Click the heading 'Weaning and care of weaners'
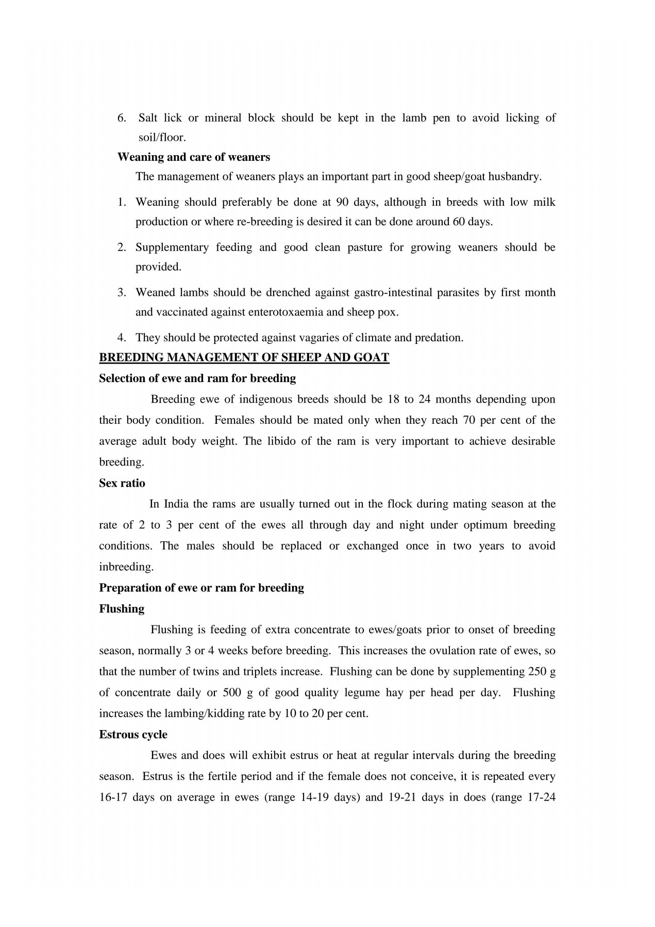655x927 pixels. pyautogui.click(x=194, y=157)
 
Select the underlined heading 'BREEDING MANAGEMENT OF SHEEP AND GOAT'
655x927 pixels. pyautogui.click(x=244, y=357)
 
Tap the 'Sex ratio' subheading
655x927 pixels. pyautogui.click(x=122, y=483)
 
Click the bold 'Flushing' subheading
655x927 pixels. pyautogui.click(x=122, y=609)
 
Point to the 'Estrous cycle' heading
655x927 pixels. pyautogui.click(x=133, y=735)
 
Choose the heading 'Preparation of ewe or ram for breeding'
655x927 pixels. pyautogui.click(x=201, y=588)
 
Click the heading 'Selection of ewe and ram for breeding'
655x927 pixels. pyautogui.click(x=197, y=378)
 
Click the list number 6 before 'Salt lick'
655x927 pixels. pyautogui.click(x=122, y=118)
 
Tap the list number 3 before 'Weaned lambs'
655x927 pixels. pyautogui.click(x=122, y=293)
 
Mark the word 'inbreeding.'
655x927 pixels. pyautogui.click(x=126, y=567)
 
